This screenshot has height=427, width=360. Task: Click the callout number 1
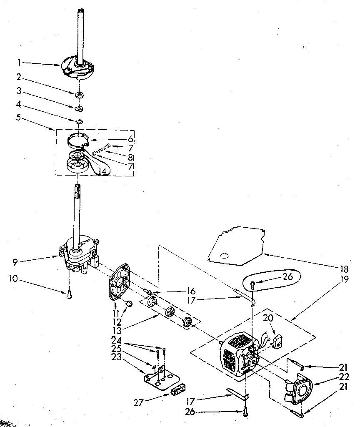coord(19,63)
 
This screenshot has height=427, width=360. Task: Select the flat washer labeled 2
coord(79,95)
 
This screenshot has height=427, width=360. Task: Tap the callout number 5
coord(18,117)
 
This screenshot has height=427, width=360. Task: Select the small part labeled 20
coord(275,343)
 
